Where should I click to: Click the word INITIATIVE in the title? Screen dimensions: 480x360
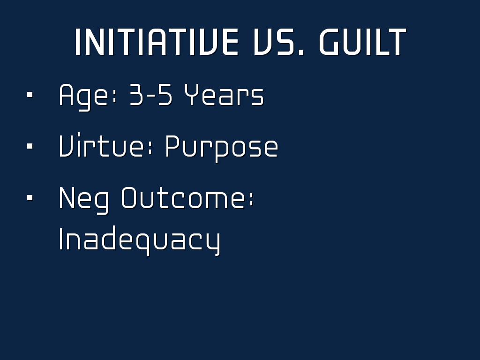tap(157, 42)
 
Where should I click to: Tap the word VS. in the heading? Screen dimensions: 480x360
tap(279, 42)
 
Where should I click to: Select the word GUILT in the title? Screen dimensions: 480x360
tap(363, 42)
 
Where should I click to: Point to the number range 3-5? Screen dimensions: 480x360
tap(151, 95)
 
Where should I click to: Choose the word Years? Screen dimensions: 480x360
tap(224, 95)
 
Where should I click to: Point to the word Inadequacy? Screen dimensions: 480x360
tap(140, 240)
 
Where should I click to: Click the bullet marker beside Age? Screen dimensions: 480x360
tap(30, 95)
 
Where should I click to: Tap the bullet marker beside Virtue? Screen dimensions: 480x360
tap(30, 146)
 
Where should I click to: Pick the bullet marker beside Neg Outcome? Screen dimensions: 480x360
tap(30, 198)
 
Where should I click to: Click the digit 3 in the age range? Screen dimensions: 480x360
tap(136, 95)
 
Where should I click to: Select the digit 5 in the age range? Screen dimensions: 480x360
tap(165, 95)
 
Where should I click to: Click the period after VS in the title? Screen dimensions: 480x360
tap(301, 52)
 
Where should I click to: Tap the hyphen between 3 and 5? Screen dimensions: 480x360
tap(150, 96)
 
